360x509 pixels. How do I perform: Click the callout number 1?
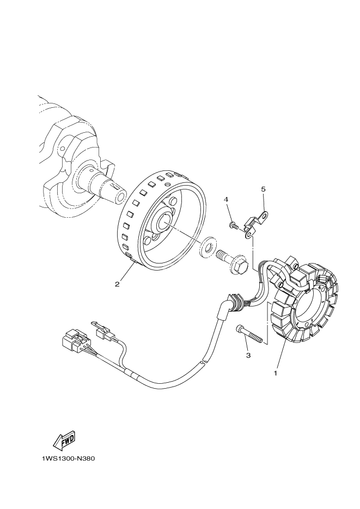[x=276, y=373]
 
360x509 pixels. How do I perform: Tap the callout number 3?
[x=248, y=355]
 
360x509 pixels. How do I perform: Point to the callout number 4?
[x=225, y=200]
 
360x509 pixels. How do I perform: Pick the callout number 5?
[x=263, y=189]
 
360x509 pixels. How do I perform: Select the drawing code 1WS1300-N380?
[x=68, y=458]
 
